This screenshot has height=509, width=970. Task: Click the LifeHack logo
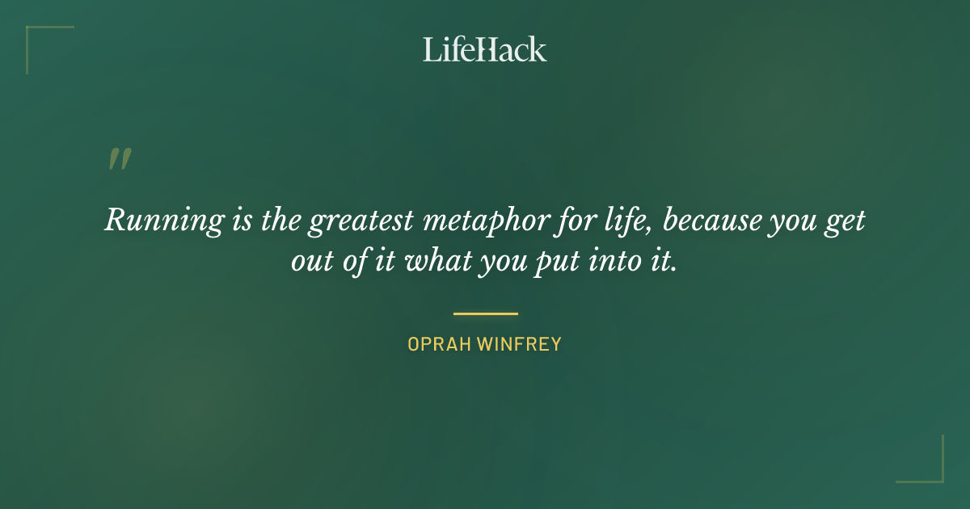485,49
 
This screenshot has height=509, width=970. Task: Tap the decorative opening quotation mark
120,159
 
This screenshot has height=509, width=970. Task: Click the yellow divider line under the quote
485,313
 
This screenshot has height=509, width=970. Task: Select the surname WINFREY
519,344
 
